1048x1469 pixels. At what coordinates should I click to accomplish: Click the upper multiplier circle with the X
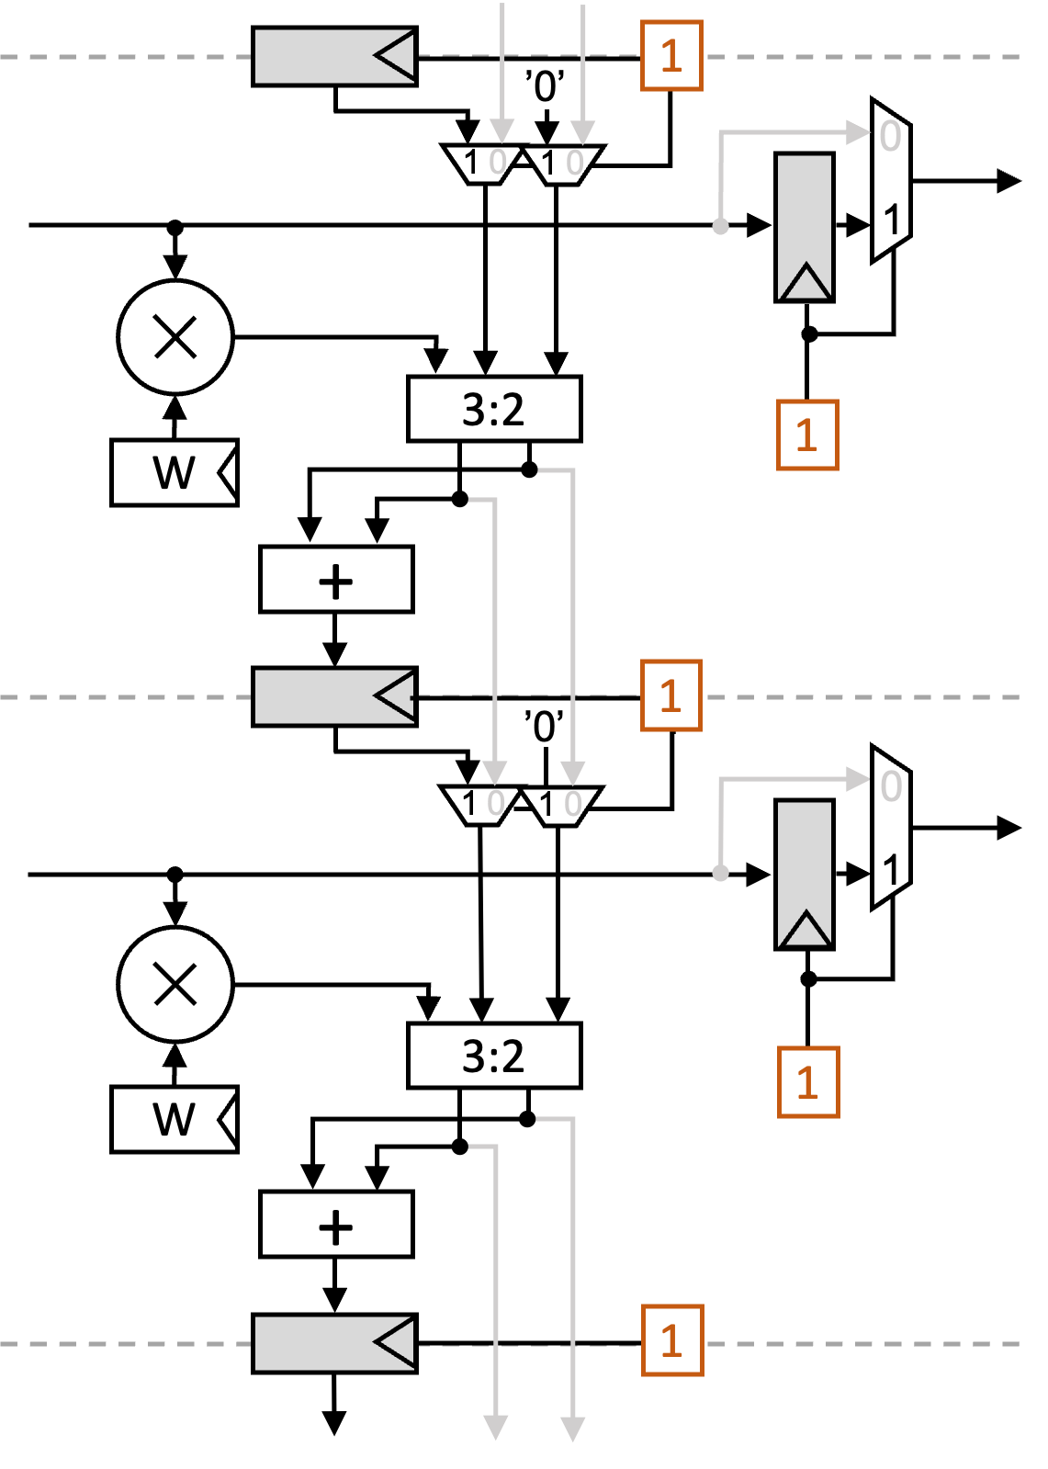pyautogui.click(x=175, y=337)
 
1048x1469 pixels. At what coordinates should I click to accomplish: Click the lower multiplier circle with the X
pyautogui.click(x=175, y=984)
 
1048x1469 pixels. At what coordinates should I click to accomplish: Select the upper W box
pyautogui.click(x=174, y=472)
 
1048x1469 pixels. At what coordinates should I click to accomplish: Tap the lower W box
pyautogui.click(x=174, y=1119)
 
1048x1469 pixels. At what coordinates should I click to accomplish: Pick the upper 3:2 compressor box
pyautogui.click(x=494, y=409)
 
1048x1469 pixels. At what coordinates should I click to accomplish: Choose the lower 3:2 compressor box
pyautogui.click(x=494, y=1056)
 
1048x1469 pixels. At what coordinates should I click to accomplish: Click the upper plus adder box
pyautogui.click(x=336, y=580)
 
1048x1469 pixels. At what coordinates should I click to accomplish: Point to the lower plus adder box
pyautogui.click(x=336, y=1225)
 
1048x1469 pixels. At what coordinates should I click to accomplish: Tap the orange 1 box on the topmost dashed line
pyautogui.click(x=671, y=56)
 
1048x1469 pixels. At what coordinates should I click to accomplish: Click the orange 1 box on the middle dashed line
pyautogui.click(x=671, y=695)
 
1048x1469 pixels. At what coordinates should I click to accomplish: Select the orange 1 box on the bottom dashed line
pyautogui.click(x=672, y=1340)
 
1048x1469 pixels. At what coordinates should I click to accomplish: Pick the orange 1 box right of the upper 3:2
pyautogui.click(x=807, y=435)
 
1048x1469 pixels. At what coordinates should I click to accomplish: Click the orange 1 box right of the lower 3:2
pyautogui.click(x=808, y=1082)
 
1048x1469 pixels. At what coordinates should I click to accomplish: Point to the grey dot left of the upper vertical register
pyautogui.click(x=721, y=226)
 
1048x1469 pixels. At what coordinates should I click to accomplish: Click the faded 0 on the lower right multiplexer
pyautogui.click(x=890, y=786)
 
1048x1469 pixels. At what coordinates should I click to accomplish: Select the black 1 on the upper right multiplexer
pyautogui.click(x=891, y=220)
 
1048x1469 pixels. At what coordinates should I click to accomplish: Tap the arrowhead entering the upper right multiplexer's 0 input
pyautogui.click(x=859, y=133)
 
